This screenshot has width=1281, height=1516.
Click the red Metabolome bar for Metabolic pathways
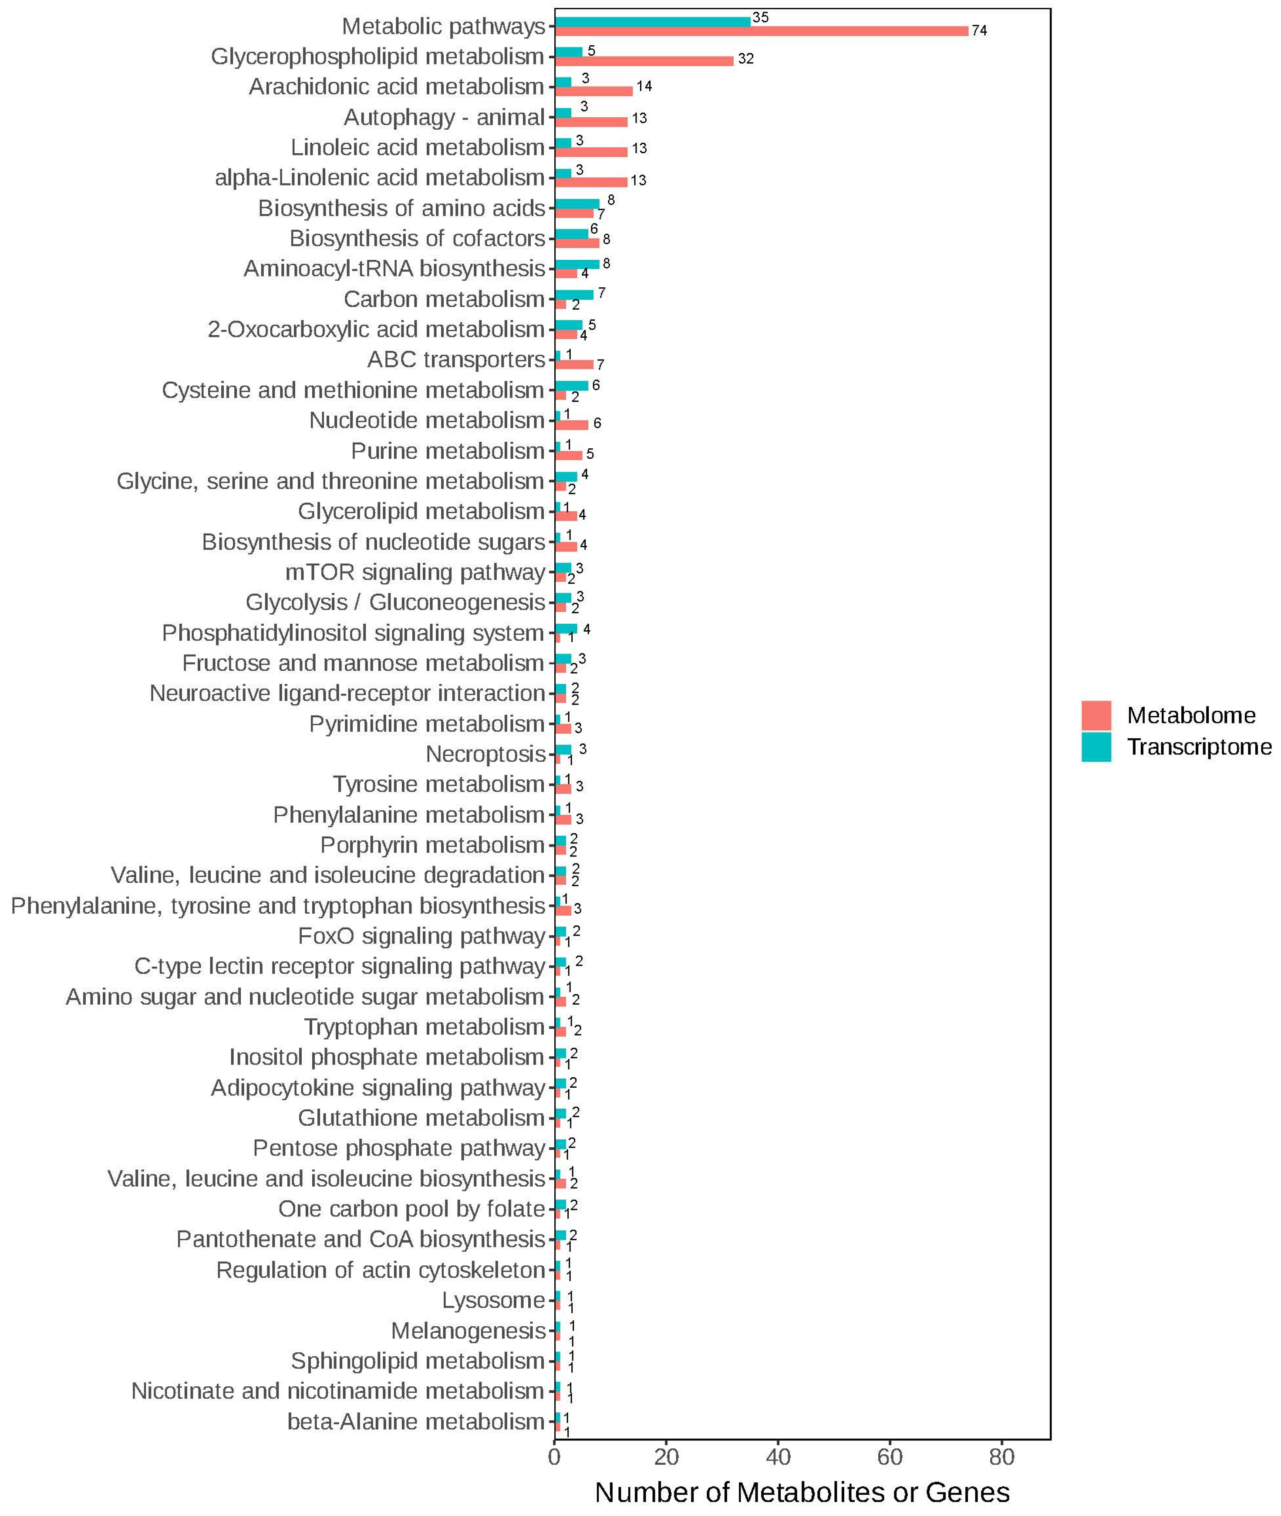[x=761, y=30]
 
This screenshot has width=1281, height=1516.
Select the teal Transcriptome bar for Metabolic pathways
[x=652, y=21]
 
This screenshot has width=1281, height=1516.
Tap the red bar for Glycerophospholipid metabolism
[x=644, y=61]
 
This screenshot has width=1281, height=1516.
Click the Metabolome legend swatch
[x=1096, y=715]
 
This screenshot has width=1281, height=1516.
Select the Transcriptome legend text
[x=1199, y=747]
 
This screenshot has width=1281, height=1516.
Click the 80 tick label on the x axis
[x=1001, y=1456]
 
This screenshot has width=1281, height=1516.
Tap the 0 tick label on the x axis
[x=555, y=1456]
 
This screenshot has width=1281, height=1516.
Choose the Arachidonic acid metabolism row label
[x=397, y=87]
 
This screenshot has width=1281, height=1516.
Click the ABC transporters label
[x=456, y=360]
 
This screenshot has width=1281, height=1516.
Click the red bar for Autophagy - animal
[x=590, y=122]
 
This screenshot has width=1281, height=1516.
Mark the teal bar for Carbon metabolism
[x=574, y=294]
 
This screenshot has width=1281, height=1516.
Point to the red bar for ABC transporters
[x=574, y=364]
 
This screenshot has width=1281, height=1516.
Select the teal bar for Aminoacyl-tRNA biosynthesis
[x=576, y=264]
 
